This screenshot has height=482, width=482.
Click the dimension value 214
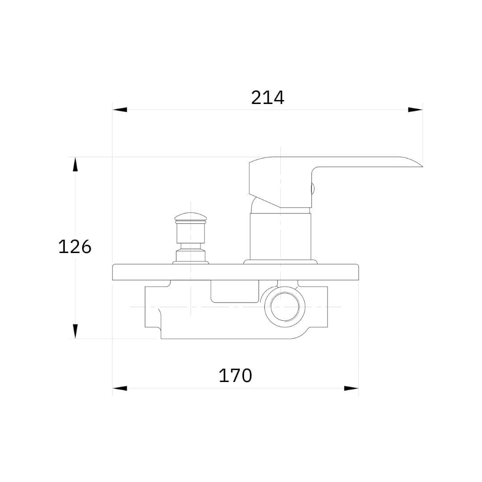tap(267, 98)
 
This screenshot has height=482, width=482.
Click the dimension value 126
tap(75, 247)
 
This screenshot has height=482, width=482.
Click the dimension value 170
tap(235, 375)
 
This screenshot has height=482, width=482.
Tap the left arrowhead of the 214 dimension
tap(120, 110)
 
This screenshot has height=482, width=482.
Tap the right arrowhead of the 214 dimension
tap(416, 110)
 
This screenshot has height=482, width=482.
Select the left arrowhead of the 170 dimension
tap(120, 388)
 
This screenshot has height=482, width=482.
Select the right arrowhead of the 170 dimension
tap(351, 388)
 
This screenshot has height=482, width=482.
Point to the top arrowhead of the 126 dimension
tap(75, 164)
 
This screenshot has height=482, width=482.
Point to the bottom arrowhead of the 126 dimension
tap(75, 331)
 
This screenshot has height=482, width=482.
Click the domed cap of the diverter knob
tap(191, 217)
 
